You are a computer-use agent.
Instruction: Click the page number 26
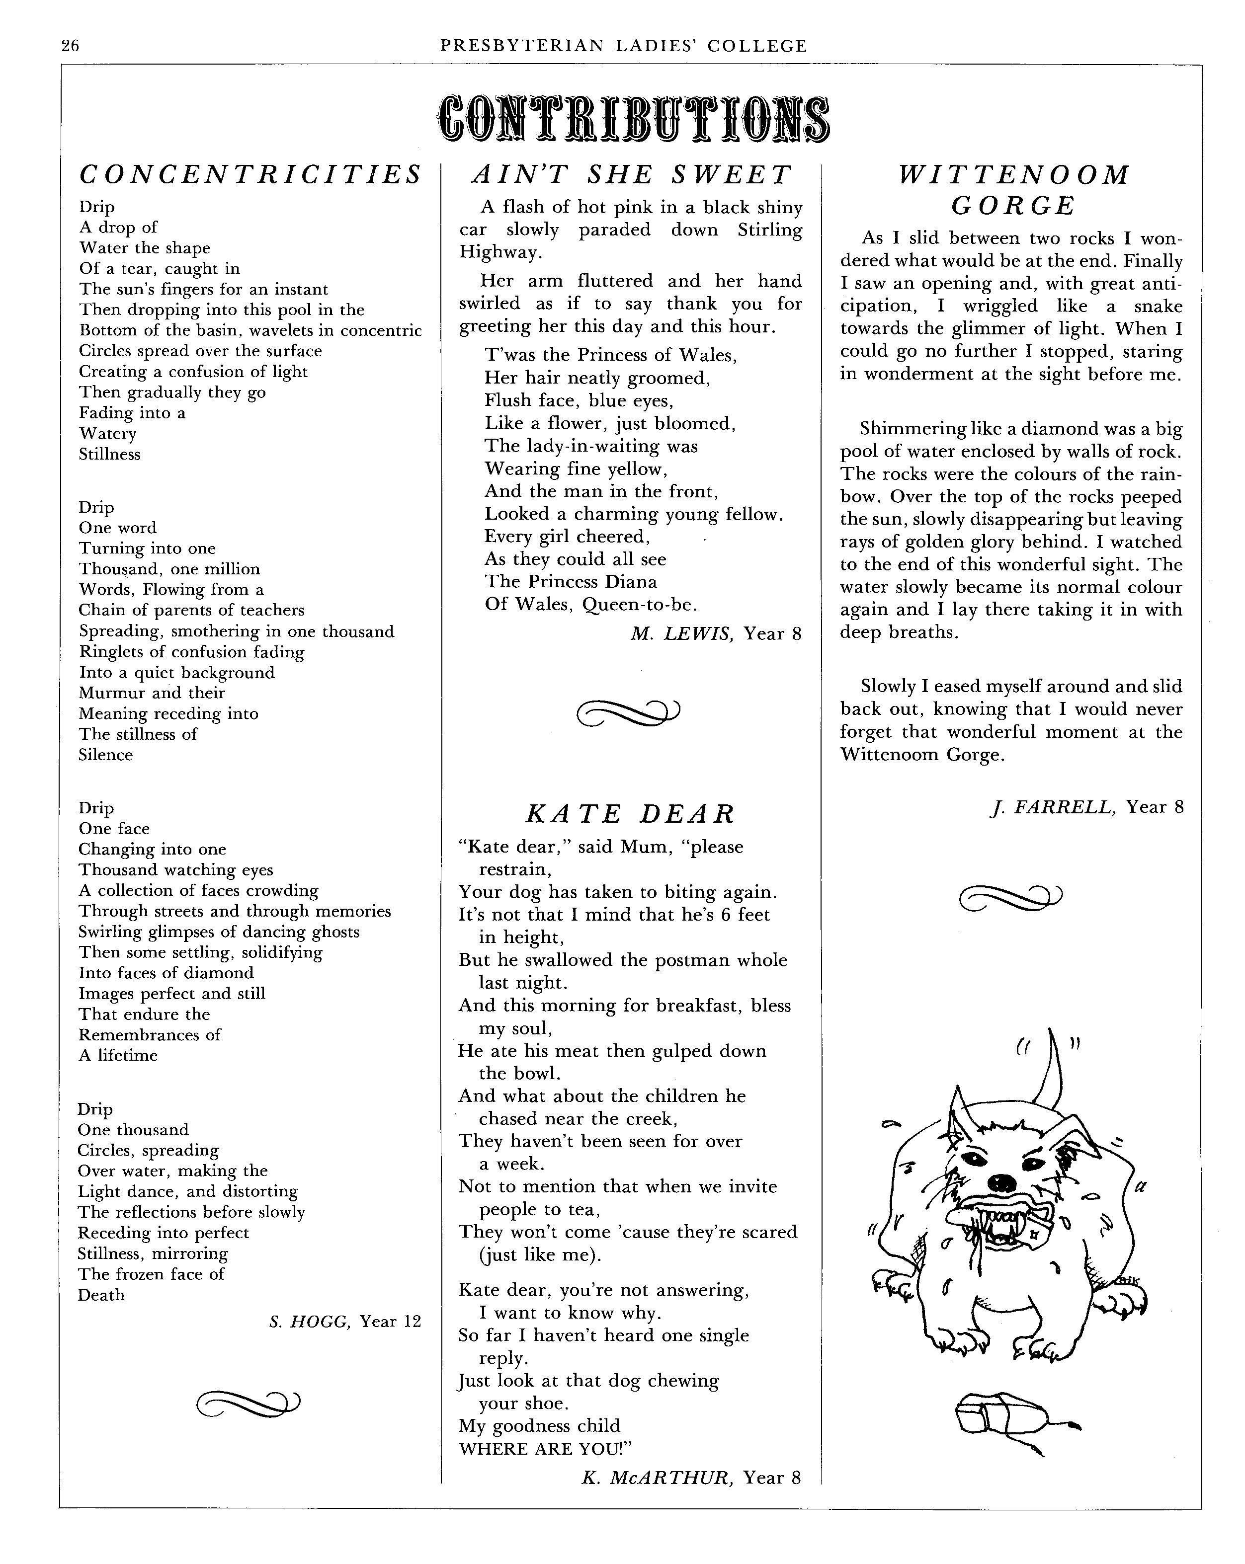point(71,46)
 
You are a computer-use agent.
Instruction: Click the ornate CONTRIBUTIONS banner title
point(633,118)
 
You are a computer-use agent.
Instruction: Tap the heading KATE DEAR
point(630,814)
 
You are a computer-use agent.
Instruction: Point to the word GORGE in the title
point(1013,206)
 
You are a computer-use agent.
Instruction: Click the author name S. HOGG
point(310,1322)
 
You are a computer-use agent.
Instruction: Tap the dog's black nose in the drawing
point(1002,1183)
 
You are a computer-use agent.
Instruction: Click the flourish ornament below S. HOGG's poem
point(248,1405)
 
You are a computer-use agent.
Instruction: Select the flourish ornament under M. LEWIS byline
point(628,712)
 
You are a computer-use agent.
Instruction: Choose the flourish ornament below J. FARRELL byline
point(1010,898)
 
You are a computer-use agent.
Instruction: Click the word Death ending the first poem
point(101,1295)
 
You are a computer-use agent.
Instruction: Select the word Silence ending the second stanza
point(106,755)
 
